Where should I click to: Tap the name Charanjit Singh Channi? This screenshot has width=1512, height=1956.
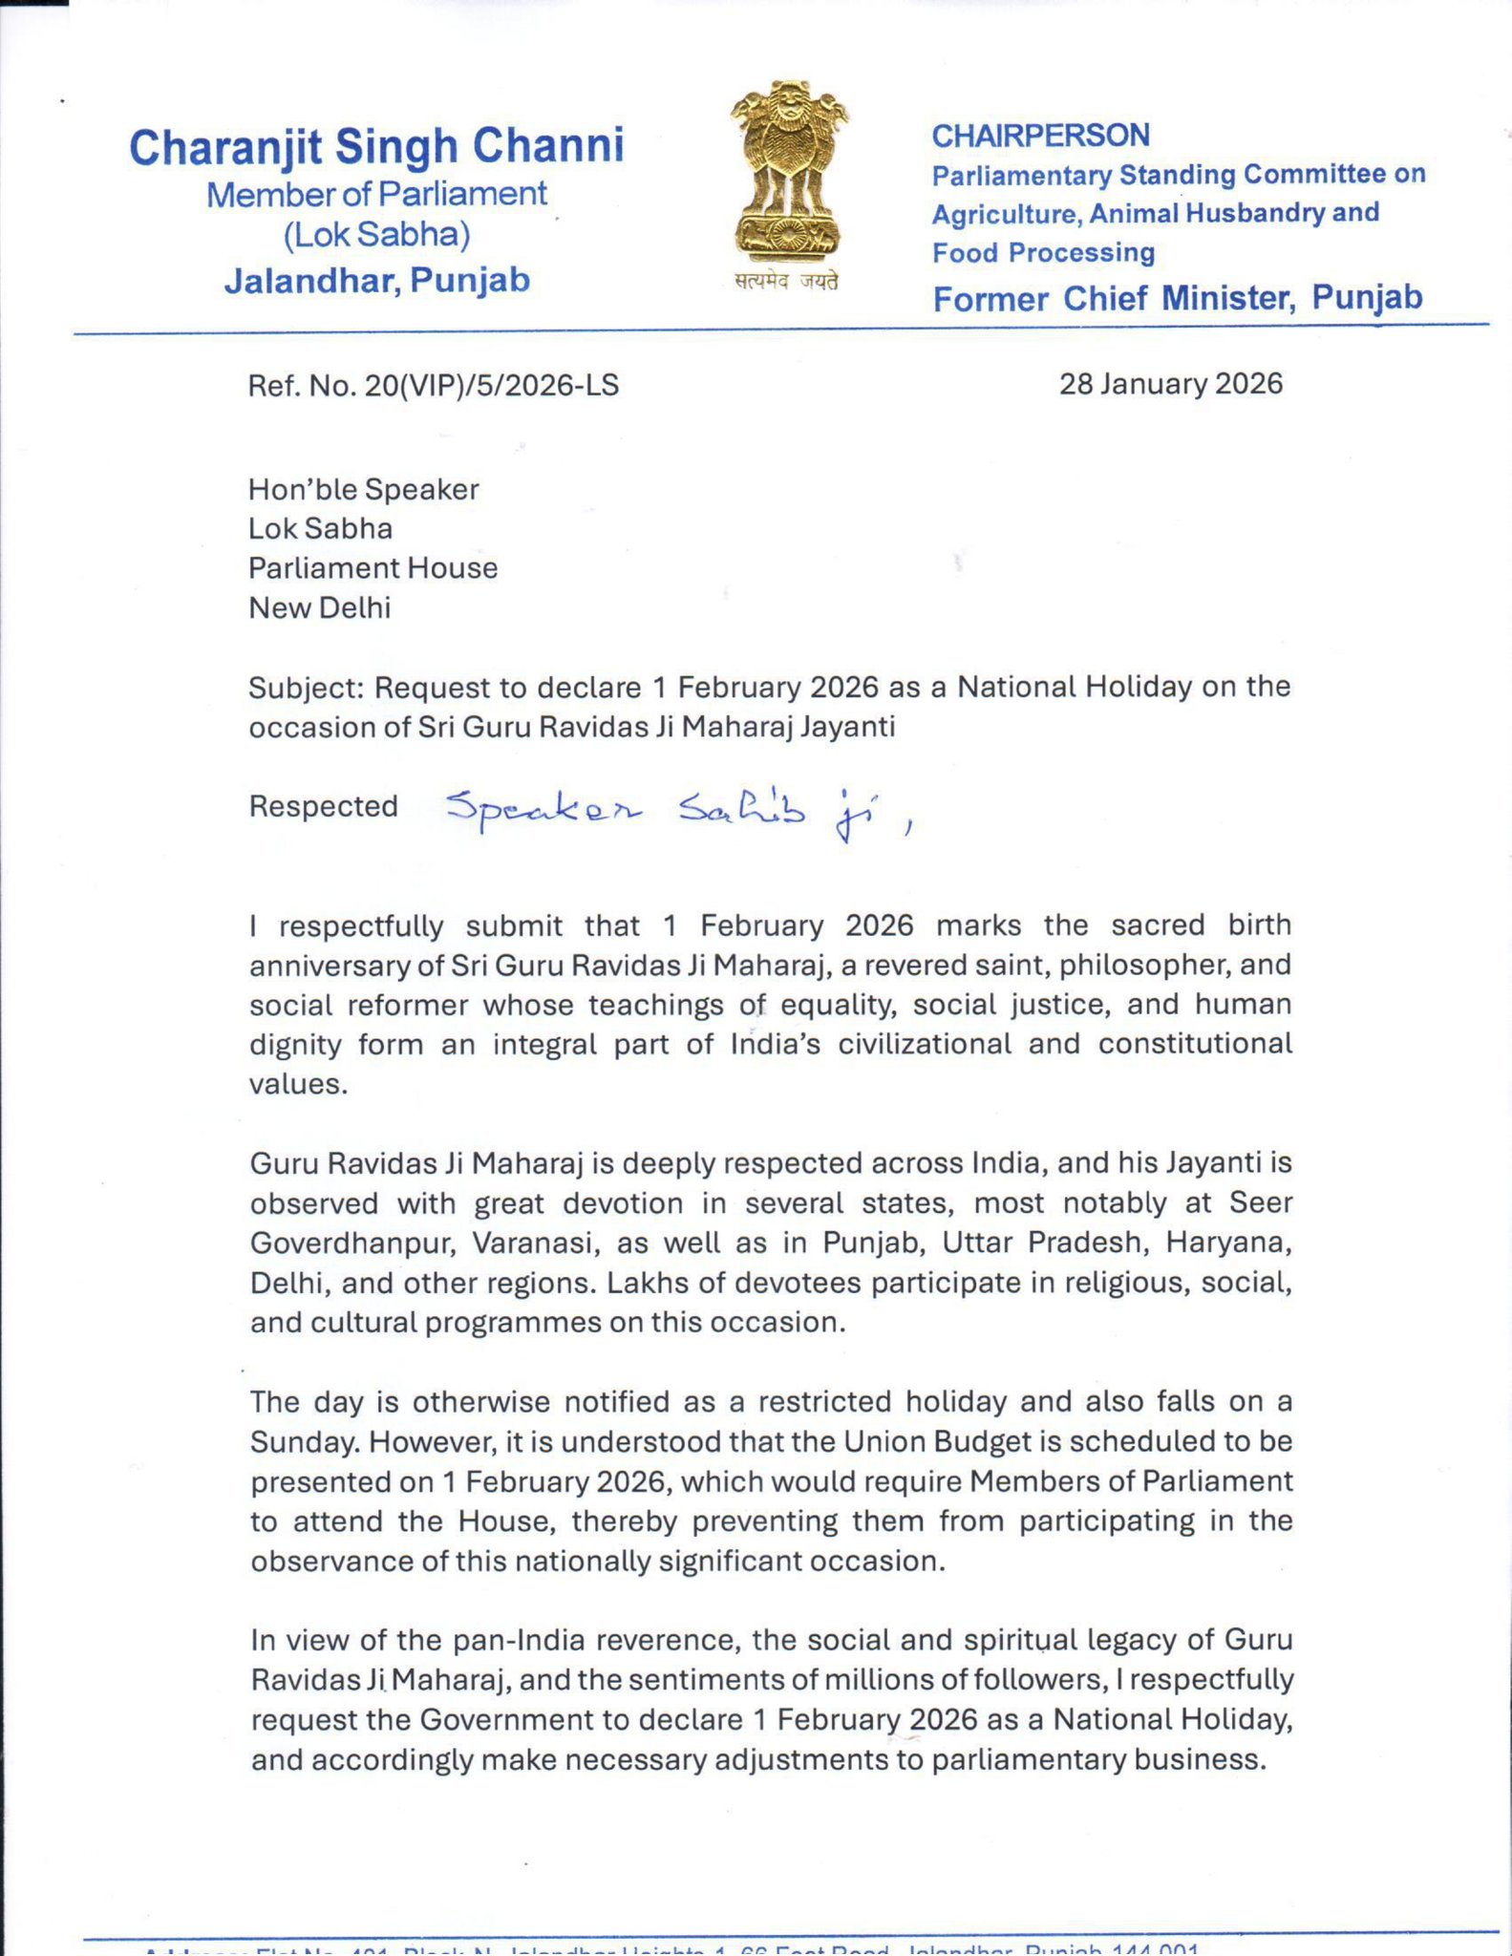[x=376, y=146]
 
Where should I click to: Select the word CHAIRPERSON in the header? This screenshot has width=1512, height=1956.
[x=1040, y=136]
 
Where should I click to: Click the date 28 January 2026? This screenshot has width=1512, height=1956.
[x=1170, y=384]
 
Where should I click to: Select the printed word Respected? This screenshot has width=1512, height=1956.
[x=323, y=807]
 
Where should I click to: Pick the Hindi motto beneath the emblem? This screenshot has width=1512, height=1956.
[x=786, y=282]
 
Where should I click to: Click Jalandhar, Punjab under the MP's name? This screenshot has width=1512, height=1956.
[x=376, y=281]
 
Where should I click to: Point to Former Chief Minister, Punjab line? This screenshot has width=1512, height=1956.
[x=1177, y=298]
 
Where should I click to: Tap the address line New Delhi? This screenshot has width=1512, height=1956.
[x=320, y=608]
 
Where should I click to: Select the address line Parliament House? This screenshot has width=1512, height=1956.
[x=373, y=568]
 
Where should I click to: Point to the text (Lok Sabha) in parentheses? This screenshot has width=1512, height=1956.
[x=376, y=235]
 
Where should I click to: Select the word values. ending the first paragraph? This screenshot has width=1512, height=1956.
[x=298, y=1085]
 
